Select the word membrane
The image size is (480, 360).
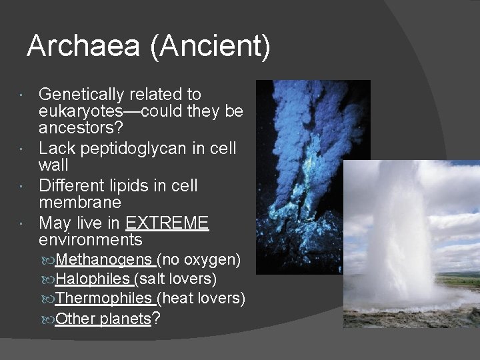tap(80, 202)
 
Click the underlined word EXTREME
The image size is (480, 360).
tap(167, 223)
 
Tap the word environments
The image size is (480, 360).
tap(91, 239)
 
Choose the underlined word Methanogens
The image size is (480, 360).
tap(105, 259)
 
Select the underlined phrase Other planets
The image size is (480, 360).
tap(103, 319)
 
